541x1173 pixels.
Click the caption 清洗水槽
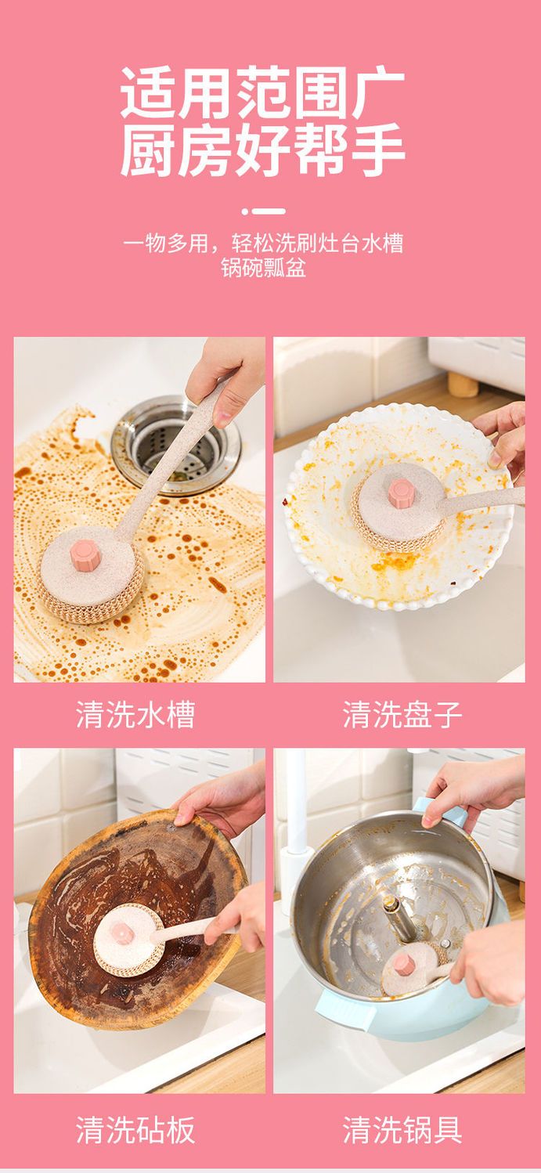[x=135, y=714]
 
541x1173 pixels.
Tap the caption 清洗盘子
[x=402, y=714]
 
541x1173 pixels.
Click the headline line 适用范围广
[x=263, y=92]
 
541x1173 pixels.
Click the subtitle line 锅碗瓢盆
[x=263, y=268]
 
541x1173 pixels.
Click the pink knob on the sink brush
[x=85, y=554]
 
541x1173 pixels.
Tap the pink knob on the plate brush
[x=401, y=493]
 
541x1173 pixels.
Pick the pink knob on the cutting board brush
[x=122, y=933]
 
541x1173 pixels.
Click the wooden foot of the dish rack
[x=463, y=385]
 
